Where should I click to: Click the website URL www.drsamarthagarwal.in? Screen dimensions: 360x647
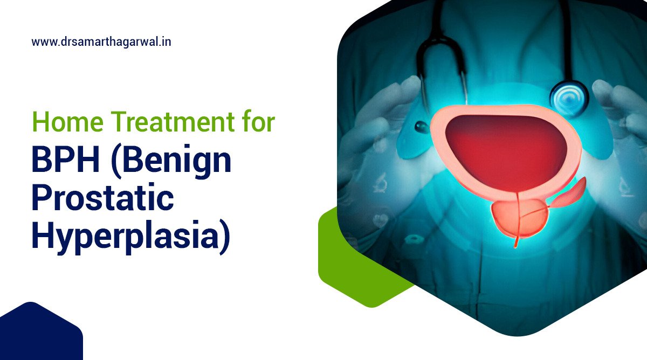[x=101, y=41]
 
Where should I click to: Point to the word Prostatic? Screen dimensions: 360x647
[x=102, y=199]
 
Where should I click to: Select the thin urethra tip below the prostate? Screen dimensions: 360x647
[x=517, y=243]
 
